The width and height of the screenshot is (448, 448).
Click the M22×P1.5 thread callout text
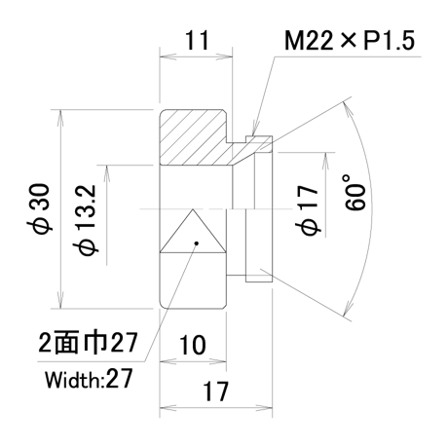[x=350, y=41]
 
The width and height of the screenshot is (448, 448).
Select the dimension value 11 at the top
[x=197, y=41]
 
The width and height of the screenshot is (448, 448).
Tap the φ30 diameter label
[x=39, y=208]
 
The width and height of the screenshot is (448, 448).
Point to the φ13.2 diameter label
[x=86, y=220]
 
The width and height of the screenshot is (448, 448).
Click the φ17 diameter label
[x=307, y=210]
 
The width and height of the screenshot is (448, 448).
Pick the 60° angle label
[x=355, y=192]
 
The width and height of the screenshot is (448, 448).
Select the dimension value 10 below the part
[x=192, y=345]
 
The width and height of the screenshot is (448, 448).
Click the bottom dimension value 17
[x=215, y=392]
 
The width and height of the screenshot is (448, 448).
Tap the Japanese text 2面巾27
[x=88, y=343]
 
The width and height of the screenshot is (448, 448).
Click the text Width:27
[x=89, y=379]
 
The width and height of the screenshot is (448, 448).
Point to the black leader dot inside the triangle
[x=196, y=243]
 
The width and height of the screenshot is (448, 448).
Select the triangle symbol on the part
[x=193, y=231]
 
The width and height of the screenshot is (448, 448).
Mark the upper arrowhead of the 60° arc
[x=348, y=110]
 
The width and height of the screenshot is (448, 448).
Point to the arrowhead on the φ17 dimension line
[x=325, y=161]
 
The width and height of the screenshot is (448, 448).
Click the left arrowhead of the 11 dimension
[x=168, y=56]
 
